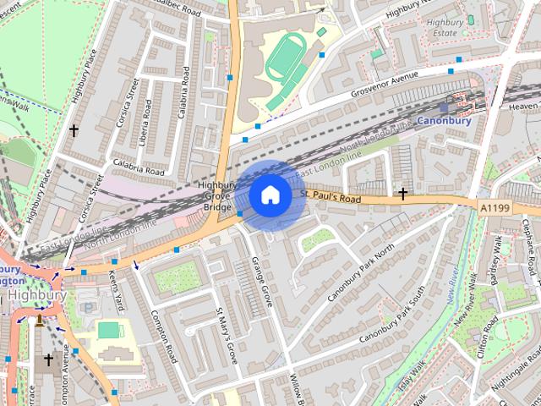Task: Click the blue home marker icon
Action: tap(270, 195)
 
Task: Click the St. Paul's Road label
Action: tap(331, 196)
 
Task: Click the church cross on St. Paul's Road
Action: tap(403, 195)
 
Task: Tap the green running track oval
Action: tap(285, 65)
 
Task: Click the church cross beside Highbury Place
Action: tap(74, 131)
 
